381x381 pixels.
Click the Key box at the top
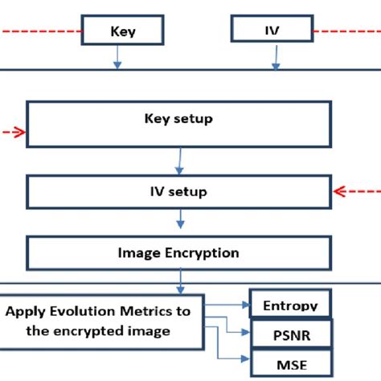(122, 31)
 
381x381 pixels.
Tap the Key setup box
(178, 123)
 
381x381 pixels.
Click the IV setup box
(178, 191)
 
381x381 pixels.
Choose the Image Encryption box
(178, 252)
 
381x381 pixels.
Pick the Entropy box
(290, 304)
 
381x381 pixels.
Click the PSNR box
(290, 333)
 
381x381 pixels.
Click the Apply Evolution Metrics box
(102, 321)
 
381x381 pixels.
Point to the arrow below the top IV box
(276, 55)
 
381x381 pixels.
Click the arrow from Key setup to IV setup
(179, 161)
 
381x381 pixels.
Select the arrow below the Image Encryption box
(180, 281)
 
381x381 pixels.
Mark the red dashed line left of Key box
(40, 31)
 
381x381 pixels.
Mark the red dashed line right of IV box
(346, 31)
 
